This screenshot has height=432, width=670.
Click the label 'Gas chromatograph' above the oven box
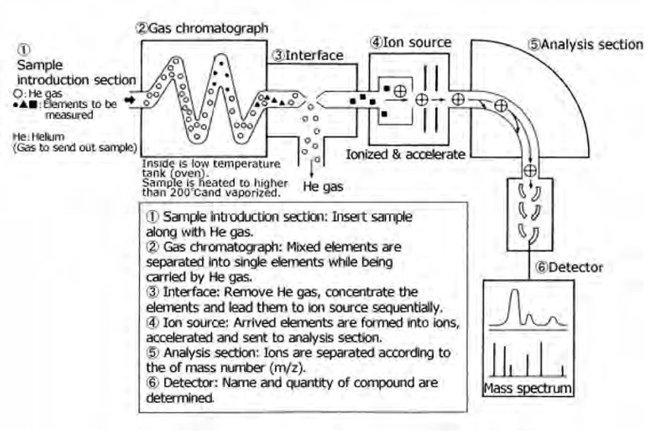pos(208,28)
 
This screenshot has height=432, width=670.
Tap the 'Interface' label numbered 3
pos(314,56)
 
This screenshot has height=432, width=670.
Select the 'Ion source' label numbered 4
pos(416,43)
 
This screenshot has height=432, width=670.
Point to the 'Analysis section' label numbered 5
pos(592,44)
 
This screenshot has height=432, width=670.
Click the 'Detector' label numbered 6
pos(576,267)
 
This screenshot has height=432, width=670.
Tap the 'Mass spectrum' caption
pos(528,389)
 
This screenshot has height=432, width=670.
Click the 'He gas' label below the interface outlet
pos(323,186)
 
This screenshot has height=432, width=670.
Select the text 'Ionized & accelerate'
pos(405,154)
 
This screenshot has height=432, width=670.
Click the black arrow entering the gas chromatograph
pos(129,100)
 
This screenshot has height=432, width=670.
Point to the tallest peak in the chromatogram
pos(514,291)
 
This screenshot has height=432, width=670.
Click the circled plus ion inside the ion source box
pos(400,91)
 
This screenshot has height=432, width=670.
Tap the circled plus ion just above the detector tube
pos(530,170)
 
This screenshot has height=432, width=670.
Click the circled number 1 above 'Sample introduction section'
pos(24,49)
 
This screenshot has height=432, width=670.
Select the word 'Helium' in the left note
pos(48,137)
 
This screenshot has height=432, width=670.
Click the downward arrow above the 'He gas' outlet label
pos(311,170)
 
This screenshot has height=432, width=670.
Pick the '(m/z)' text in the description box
pos(287,368)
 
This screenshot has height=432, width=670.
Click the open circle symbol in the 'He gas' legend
pos(18,94)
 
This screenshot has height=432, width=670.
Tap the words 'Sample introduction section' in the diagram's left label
pos(77,72)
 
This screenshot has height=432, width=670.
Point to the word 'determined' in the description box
pos(179,398)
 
